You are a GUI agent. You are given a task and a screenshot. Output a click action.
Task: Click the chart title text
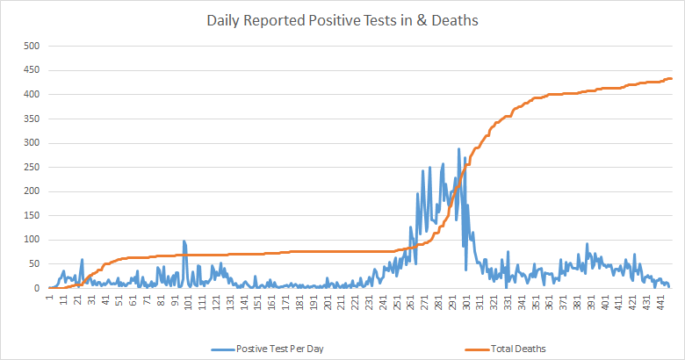(x=342, y=20)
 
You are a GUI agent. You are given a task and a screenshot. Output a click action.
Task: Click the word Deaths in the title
(x=454, y=20)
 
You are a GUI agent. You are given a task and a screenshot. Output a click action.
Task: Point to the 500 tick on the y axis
(x=32, y=46)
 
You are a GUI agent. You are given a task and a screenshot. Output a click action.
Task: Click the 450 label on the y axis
(x=32, y=70)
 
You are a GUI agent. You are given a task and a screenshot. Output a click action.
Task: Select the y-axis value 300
(x=32, y=142)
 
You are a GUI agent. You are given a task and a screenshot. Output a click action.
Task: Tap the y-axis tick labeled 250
(x=32, y=167)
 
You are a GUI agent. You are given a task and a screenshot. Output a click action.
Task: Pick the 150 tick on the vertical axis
(x=32, y=215)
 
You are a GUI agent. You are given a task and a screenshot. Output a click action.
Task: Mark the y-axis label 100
(x=32, y=240)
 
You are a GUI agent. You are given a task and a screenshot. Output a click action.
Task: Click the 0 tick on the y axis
(x=38, y=288)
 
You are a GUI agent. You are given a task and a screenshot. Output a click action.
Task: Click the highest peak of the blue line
(x=458, y=149)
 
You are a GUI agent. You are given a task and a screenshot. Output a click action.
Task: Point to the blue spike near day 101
(x=184, y=241)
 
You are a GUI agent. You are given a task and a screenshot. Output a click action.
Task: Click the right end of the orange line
(x=671, y=79)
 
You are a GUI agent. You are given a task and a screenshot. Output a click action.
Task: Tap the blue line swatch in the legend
(x=222, y=349)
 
